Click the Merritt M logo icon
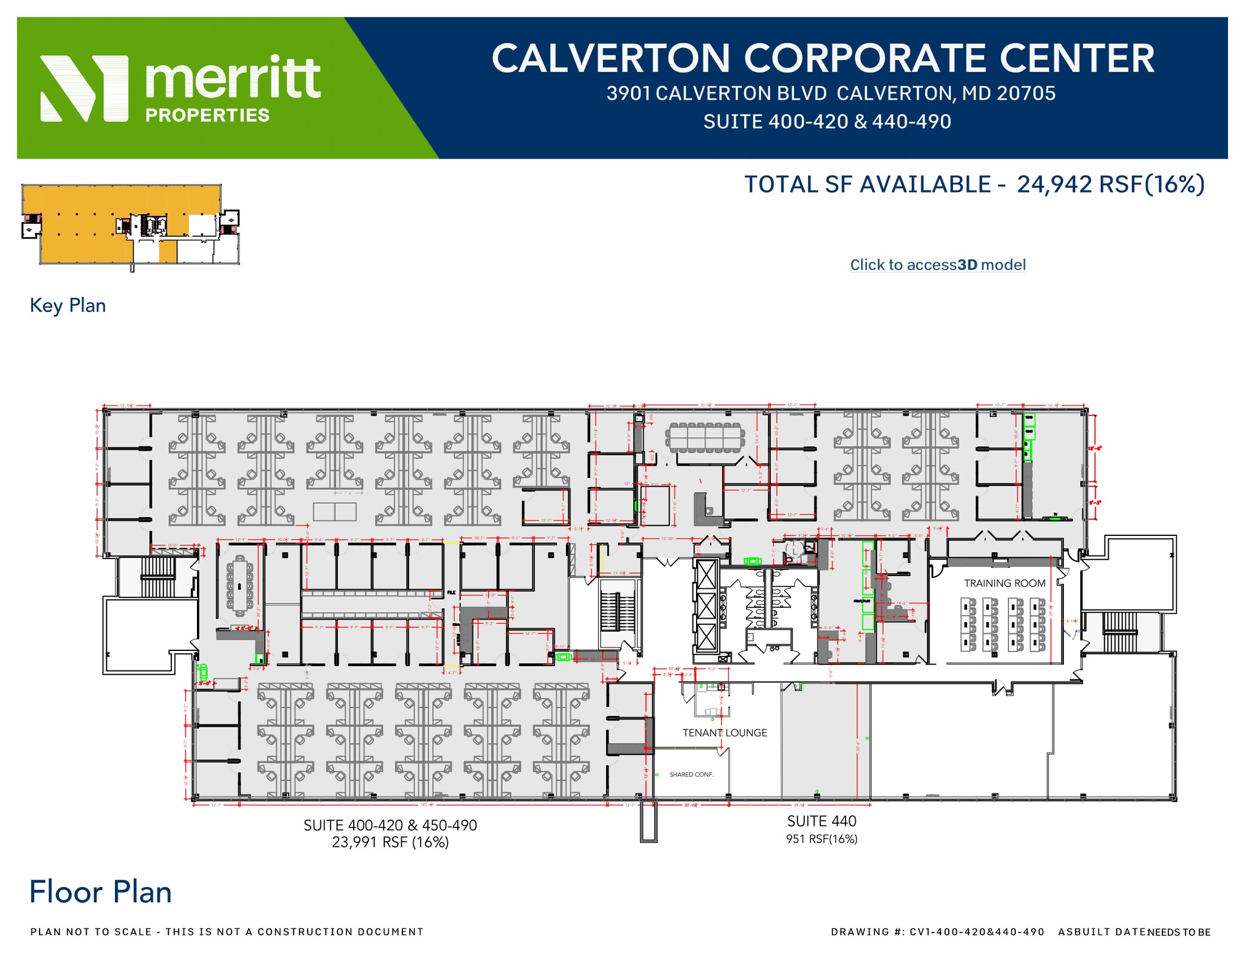click(x=84, y=89)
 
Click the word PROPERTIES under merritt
click(x=207, y=115)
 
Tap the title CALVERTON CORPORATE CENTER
click(x=823, y=58)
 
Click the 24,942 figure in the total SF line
click(x=1054, y=184)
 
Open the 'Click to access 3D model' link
click(x=937, y=265)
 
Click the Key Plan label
click(x=67, y=305)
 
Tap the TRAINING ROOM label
click(x=1004, y=583)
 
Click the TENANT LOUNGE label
click(x=725, y=732)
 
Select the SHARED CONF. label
click(x=691, y=774)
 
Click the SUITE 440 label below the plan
click(x=821, y=821)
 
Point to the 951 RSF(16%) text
click(x=821, y=839)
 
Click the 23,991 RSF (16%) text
click(x=390, y=842)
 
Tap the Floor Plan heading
click(x=100, y=892)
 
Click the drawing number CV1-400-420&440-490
click(x=977, y=931)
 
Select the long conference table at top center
click(x=705, y=437)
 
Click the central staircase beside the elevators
click(x=618, y=611)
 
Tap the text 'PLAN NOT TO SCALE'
click(x=91, y=931)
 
